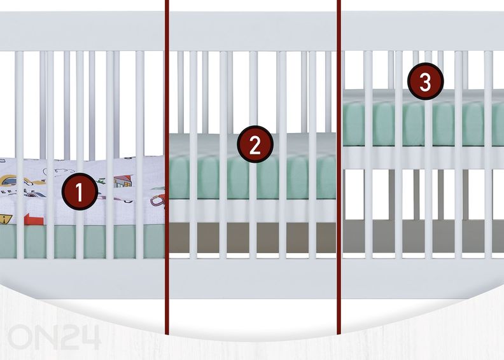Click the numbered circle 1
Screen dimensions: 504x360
(80, 191)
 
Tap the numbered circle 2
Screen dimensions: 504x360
(255, 144)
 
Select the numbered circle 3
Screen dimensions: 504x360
(426, 81)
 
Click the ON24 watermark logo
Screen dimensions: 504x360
(53, 336)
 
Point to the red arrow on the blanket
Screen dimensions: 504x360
(34, 220)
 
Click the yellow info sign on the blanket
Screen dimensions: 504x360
(6, 219)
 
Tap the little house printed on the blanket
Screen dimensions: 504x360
(123, 181)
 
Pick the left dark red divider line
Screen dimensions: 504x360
(167, 167)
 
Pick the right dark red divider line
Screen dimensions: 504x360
(339, 167)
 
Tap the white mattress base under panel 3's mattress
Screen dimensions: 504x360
(423, 157)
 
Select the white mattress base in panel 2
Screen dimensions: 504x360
(253, 211)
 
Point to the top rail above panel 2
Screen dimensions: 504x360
(253, 31)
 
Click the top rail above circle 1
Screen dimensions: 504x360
(82, 31)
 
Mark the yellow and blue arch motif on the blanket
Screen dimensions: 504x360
(10, 180)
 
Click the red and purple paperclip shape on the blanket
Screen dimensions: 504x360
(157, 202)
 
